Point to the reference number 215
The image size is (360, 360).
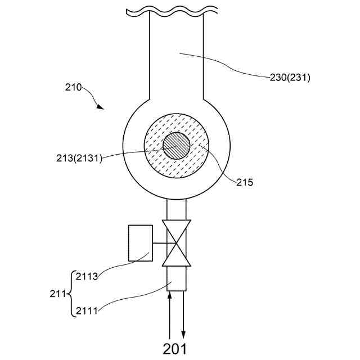point(245,182)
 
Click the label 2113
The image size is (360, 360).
point(87,276)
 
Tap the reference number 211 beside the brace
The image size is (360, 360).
point(57,293)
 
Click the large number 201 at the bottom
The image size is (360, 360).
point(174,348)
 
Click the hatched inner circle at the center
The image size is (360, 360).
point(177,146)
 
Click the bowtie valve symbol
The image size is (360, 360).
point(177,243)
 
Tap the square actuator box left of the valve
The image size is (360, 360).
point(141,243)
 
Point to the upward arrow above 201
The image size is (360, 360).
point(169,315)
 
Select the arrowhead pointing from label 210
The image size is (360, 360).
point(100,106)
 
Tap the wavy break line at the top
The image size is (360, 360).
point(172,10)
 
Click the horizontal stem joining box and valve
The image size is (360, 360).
point(160,243)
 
